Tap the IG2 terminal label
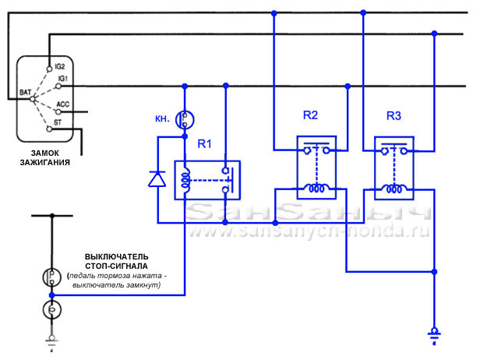point(62,68)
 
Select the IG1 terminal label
point(62,79)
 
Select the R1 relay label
point(204,144)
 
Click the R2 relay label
point(310,115)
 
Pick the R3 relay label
point(394,115)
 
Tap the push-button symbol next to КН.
point(185,118)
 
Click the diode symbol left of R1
point(157,179)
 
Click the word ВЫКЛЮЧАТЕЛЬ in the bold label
point(117,256)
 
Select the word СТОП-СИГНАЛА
point(117,266)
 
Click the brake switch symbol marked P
point(51,276)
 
